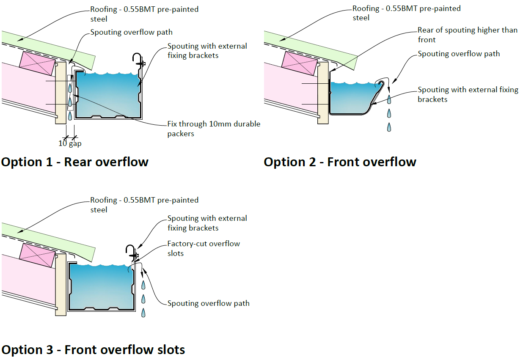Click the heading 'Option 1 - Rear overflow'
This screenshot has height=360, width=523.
75,162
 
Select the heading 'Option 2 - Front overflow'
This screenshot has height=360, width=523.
340,162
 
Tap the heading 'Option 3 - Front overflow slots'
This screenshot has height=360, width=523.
93,350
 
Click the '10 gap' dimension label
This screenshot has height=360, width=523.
70,143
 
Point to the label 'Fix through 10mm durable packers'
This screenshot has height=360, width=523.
214,129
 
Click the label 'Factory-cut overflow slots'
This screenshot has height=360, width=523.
204,248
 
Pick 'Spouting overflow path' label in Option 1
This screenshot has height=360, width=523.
131,32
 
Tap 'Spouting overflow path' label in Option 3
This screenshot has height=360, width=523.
208,303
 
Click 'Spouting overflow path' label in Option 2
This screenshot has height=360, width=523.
459,54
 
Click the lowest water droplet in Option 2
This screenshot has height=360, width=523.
389,126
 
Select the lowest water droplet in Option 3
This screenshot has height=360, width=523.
143,313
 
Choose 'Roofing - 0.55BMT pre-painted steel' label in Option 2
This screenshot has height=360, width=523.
406,13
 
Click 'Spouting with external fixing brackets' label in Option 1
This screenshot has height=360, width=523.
207,50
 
